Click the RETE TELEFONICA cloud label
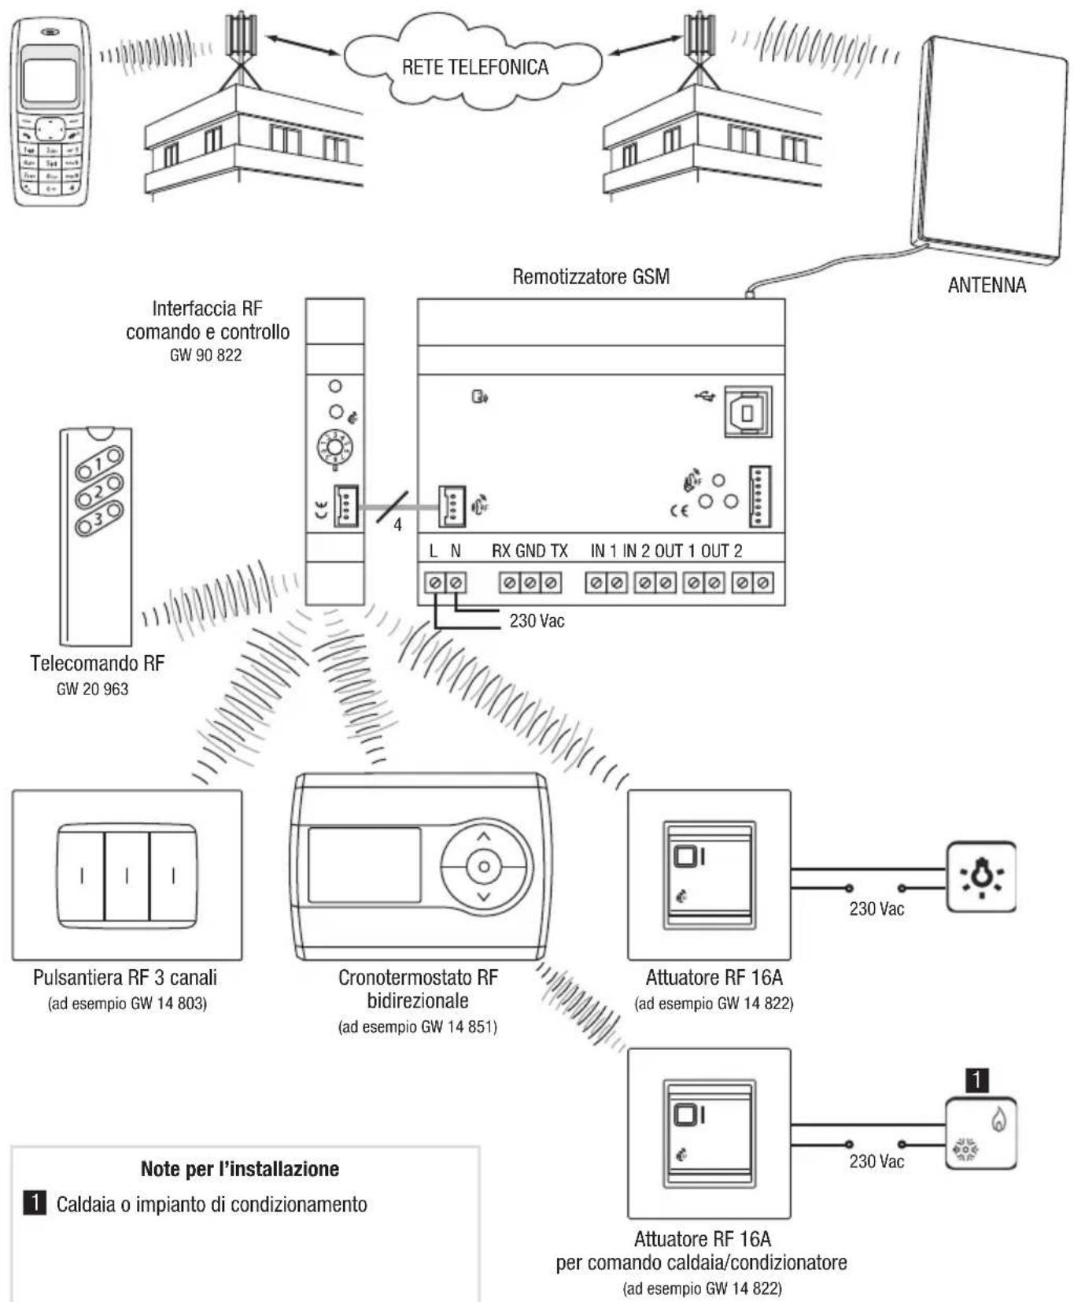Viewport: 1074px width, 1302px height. coord(474,67)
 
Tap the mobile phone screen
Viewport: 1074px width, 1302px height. coord(50,80)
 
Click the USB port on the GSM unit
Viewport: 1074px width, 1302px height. coord(747,412)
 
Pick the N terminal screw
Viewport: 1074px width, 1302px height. coord(456,583)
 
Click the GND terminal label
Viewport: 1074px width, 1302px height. coord(530,551)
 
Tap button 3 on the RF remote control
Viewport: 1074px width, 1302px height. coord(99,519)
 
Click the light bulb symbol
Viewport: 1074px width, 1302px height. coord(980,876)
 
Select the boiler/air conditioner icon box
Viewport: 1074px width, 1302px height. coord(980,1133)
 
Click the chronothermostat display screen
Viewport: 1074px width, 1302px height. coord(364,864)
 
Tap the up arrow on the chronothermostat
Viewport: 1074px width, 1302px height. coord(483,838)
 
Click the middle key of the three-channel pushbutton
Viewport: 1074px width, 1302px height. coord(127,875)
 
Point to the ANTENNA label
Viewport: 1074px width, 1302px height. coord(986,285)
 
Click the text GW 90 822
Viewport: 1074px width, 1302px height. coord(205,355)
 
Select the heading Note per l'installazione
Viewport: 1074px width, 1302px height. coord(239,1169)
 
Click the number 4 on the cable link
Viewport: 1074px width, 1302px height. coord(397,524)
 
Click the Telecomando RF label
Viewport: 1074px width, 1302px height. coord(98,663)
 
